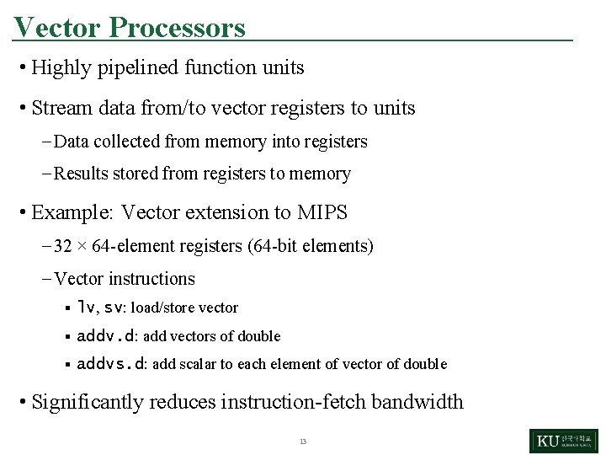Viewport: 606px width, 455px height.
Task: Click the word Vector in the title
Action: coord(57,28)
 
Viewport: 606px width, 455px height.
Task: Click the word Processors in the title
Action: coord(177,28)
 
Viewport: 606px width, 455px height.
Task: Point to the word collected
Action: coord(127,142)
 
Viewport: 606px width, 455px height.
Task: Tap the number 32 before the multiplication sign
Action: coord(63,247)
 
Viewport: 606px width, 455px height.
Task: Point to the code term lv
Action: coord(86,308)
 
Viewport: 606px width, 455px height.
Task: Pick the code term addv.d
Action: coord(106,336)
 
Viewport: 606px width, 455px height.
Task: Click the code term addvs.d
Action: coord(111,364)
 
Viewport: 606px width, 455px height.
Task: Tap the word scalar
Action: coord(197,364)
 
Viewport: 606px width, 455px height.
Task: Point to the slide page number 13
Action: coord(302,442)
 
